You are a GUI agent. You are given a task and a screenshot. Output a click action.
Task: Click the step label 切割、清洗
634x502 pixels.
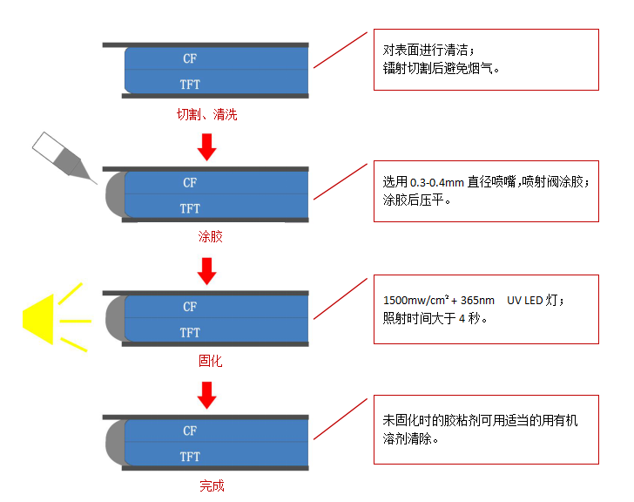click(x=206, y=113)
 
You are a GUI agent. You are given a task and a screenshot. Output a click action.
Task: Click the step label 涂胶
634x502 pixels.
click(x=210, y=236)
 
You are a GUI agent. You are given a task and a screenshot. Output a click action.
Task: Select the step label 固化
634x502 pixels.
click(x=210, y=360)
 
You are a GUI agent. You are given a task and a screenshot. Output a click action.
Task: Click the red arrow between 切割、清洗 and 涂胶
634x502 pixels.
click(x=206, y=147)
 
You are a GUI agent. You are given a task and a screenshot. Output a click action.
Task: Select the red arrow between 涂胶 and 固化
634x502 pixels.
click(x=206, y=271)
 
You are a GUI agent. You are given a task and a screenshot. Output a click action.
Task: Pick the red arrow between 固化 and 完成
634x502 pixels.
click(x=206, y=396)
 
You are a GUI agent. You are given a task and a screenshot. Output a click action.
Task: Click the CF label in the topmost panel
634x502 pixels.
click(x=190, y=58)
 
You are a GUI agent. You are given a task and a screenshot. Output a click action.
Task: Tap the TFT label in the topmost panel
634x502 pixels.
click(x=190, y=85)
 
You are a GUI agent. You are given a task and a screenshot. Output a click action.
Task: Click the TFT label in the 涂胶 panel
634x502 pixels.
click(x=190, y=208)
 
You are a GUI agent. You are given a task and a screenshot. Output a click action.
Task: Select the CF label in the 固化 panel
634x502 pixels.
click(x=190, y=307)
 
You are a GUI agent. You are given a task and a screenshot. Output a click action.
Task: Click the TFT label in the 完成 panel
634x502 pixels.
click(x=190, y=457)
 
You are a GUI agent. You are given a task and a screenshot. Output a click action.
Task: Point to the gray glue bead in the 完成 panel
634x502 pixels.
click(x=116, y=444)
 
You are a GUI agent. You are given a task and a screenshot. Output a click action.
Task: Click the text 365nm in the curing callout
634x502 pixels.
click(x=474, y=301)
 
